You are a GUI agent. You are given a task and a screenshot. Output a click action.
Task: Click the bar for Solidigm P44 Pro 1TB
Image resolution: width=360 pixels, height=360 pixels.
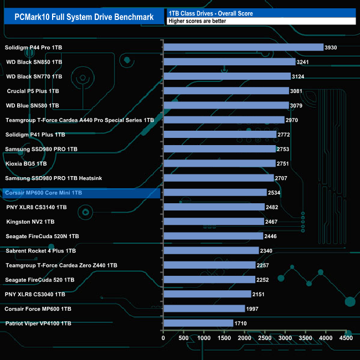coord(243,47)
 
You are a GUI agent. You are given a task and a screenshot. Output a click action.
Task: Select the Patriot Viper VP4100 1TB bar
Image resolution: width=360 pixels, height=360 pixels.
coord(198,323)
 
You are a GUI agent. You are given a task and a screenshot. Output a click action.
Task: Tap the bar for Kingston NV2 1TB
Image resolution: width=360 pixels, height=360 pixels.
coord(213,222)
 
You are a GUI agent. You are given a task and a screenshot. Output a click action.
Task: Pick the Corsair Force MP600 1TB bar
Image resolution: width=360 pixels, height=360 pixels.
coord(204,308)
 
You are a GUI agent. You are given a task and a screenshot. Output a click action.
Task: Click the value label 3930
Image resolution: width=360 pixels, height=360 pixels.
coord(331,48)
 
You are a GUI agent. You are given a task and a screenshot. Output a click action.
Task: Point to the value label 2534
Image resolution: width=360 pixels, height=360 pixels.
coord(274,193)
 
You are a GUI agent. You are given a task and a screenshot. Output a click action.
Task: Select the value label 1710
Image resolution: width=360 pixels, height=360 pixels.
coord(240,323)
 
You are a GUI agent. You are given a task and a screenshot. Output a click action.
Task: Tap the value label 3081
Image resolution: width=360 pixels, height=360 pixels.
coord(297,91)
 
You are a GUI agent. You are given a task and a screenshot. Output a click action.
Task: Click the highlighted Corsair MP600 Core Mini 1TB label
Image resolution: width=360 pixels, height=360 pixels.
coord(43,193)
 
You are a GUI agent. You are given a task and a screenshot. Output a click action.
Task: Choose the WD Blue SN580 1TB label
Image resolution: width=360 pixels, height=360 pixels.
coord(40,105)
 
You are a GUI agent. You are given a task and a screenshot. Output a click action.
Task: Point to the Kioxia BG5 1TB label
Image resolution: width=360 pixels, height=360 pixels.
coord(26,163)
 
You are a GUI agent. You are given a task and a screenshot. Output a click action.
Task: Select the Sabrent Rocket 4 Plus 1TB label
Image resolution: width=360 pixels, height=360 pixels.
coord(40,250)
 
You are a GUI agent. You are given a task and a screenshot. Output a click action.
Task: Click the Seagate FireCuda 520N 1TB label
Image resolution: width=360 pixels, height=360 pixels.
coord(42,236)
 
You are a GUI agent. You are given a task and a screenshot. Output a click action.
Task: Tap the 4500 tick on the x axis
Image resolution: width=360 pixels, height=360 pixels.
coord(346,337)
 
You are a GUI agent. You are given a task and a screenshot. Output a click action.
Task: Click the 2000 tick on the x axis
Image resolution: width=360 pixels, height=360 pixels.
coord(244,337)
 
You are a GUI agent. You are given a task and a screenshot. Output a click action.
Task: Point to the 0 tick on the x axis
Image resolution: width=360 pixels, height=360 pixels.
coord(163,337)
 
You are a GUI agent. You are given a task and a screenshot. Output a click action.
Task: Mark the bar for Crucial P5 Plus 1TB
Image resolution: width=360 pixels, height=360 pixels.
coord(226,91)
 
